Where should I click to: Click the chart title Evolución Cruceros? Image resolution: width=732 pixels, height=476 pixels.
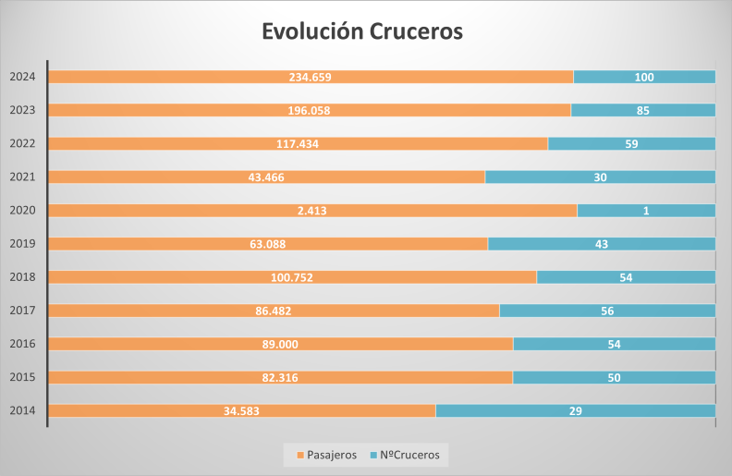[x=362, y=31]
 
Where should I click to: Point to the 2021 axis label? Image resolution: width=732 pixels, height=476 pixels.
[x=22, y=177]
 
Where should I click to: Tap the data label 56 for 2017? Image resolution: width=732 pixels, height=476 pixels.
[x=607, y=311]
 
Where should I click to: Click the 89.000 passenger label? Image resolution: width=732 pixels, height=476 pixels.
[x=281, y=344]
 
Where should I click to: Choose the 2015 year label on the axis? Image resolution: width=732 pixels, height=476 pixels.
[x=22, y=377]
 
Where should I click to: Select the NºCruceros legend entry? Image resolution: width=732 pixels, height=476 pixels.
[x=406, y=455]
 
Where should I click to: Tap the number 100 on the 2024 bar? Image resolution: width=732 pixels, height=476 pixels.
[x=644, y=78]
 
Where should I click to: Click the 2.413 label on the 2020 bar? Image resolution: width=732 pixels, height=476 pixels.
[x=311, y=211]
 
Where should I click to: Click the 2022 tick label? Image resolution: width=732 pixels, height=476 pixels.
[x=22, y=143]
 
